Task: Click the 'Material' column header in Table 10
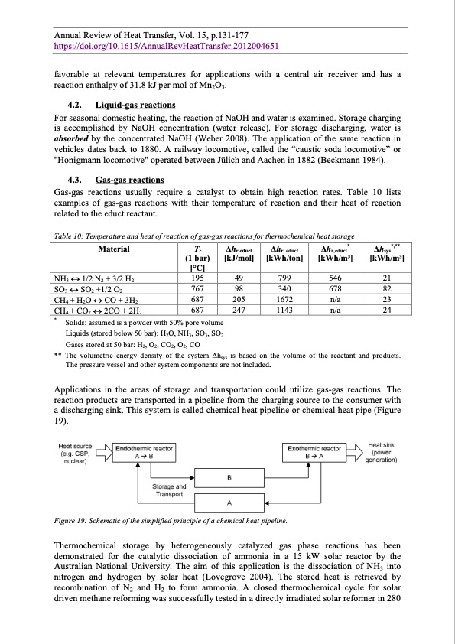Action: tap(114, 249)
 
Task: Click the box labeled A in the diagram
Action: tap(230, 503)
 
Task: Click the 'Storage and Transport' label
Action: tap(169, 490)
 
